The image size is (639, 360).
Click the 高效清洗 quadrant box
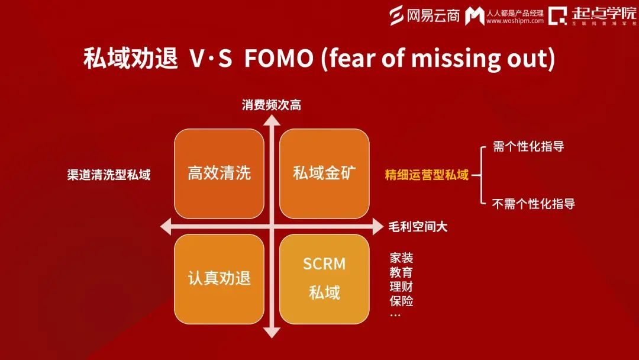click(219, 173)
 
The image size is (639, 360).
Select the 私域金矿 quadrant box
click(324, 173)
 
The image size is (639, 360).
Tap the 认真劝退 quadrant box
click(219, 278)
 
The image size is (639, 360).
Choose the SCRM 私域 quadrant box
click(324, 278)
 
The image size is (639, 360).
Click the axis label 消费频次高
click(272, 105)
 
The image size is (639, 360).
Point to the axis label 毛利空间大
click(418, 226)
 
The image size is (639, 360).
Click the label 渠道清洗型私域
click(109, 175)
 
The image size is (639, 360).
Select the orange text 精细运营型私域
click(427, 175)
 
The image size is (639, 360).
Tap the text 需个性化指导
click(528, 146)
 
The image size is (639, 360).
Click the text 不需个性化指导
click(534, 204)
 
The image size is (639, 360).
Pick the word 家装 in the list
click(401, 258)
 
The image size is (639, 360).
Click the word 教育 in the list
click(401, 272)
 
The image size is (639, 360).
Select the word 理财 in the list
click(401, 287)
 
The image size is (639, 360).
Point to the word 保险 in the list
click(401, 301)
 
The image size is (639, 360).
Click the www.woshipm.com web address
click(515, 21)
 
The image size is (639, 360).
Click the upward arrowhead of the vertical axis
click(272, 120)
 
